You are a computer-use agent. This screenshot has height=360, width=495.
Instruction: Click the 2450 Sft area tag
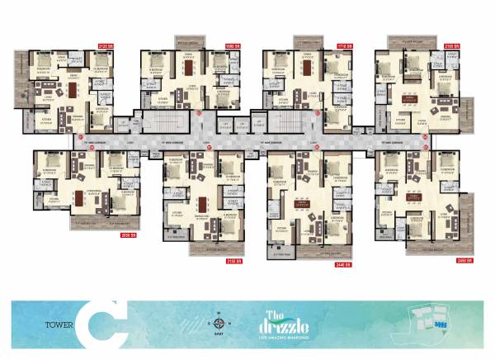tap(464, 261)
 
